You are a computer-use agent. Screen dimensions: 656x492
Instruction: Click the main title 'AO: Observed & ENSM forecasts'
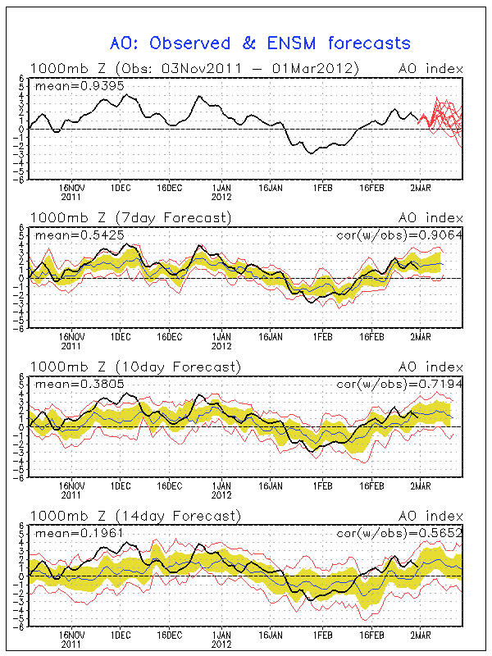[x=260, y=43]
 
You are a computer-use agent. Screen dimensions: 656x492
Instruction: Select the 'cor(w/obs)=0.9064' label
[x=402, y=235]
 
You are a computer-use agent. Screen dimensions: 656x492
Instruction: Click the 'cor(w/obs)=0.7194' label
[x=402, y=384]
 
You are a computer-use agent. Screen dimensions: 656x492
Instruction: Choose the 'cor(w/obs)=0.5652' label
[x=402, y=533]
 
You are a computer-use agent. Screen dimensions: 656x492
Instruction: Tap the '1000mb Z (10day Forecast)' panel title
[x=135, y=367]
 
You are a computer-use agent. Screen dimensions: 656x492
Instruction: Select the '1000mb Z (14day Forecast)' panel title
[x=135, y=516]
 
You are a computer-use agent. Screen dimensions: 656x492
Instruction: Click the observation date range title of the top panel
[x=194, y=68]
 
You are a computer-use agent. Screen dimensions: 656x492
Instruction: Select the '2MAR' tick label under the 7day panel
[x=421, y=337]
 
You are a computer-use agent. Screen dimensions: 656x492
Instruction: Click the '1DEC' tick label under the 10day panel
[x=121, y=486]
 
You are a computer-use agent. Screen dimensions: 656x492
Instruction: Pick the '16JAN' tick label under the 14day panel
[x=271, y=635]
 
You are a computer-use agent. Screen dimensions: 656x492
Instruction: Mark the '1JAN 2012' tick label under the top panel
[x=221, y=192]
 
